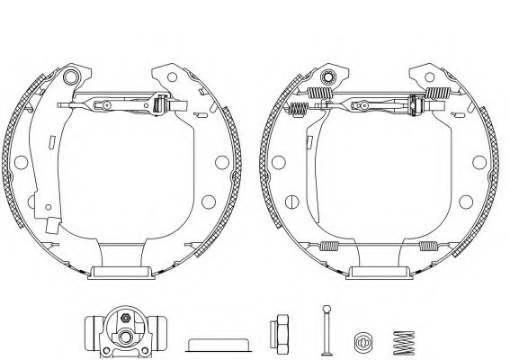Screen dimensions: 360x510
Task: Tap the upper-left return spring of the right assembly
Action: coord(317,93)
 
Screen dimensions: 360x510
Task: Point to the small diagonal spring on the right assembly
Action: coord(299,109)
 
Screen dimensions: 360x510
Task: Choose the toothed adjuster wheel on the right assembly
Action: coord(416,104)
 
